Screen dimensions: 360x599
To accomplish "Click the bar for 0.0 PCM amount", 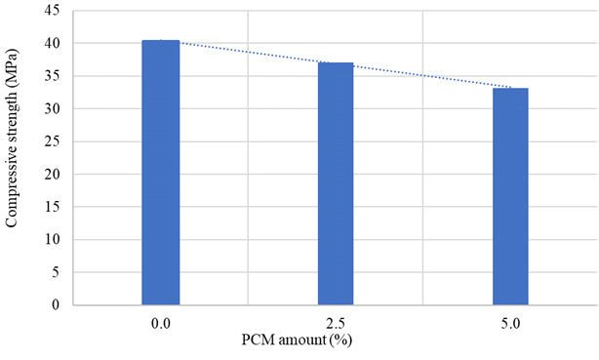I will coord(161,173).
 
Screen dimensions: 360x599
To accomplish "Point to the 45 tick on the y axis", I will coord(53,12).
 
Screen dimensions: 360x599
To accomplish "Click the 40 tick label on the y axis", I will coord(53,44).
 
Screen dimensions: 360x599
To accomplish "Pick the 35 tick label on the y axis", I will coord(53,76).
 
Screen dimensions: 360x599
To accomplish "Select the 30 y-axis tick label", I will coord(53,109).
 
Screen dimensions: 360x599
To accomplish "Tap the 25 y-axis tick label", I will coord(53,141).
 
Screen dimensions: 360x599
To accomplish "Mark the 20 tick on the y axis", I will coord(53,174).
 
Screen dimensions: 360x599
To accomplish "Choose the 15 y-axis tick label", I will coord(53,207).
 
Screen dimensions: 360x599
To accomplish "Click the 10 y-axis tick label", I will coord(53,239).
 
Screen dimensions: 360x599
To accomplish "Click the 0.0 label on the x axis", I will coord(161,321).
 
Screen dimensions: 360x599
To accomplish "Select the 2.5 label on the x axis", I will coord(336,321).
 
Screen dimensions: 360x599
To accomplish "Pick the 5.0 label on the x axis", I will coord(510,321).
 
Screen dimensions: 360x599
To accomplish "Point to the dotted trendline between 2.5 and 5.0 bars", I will coord(423,75).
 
